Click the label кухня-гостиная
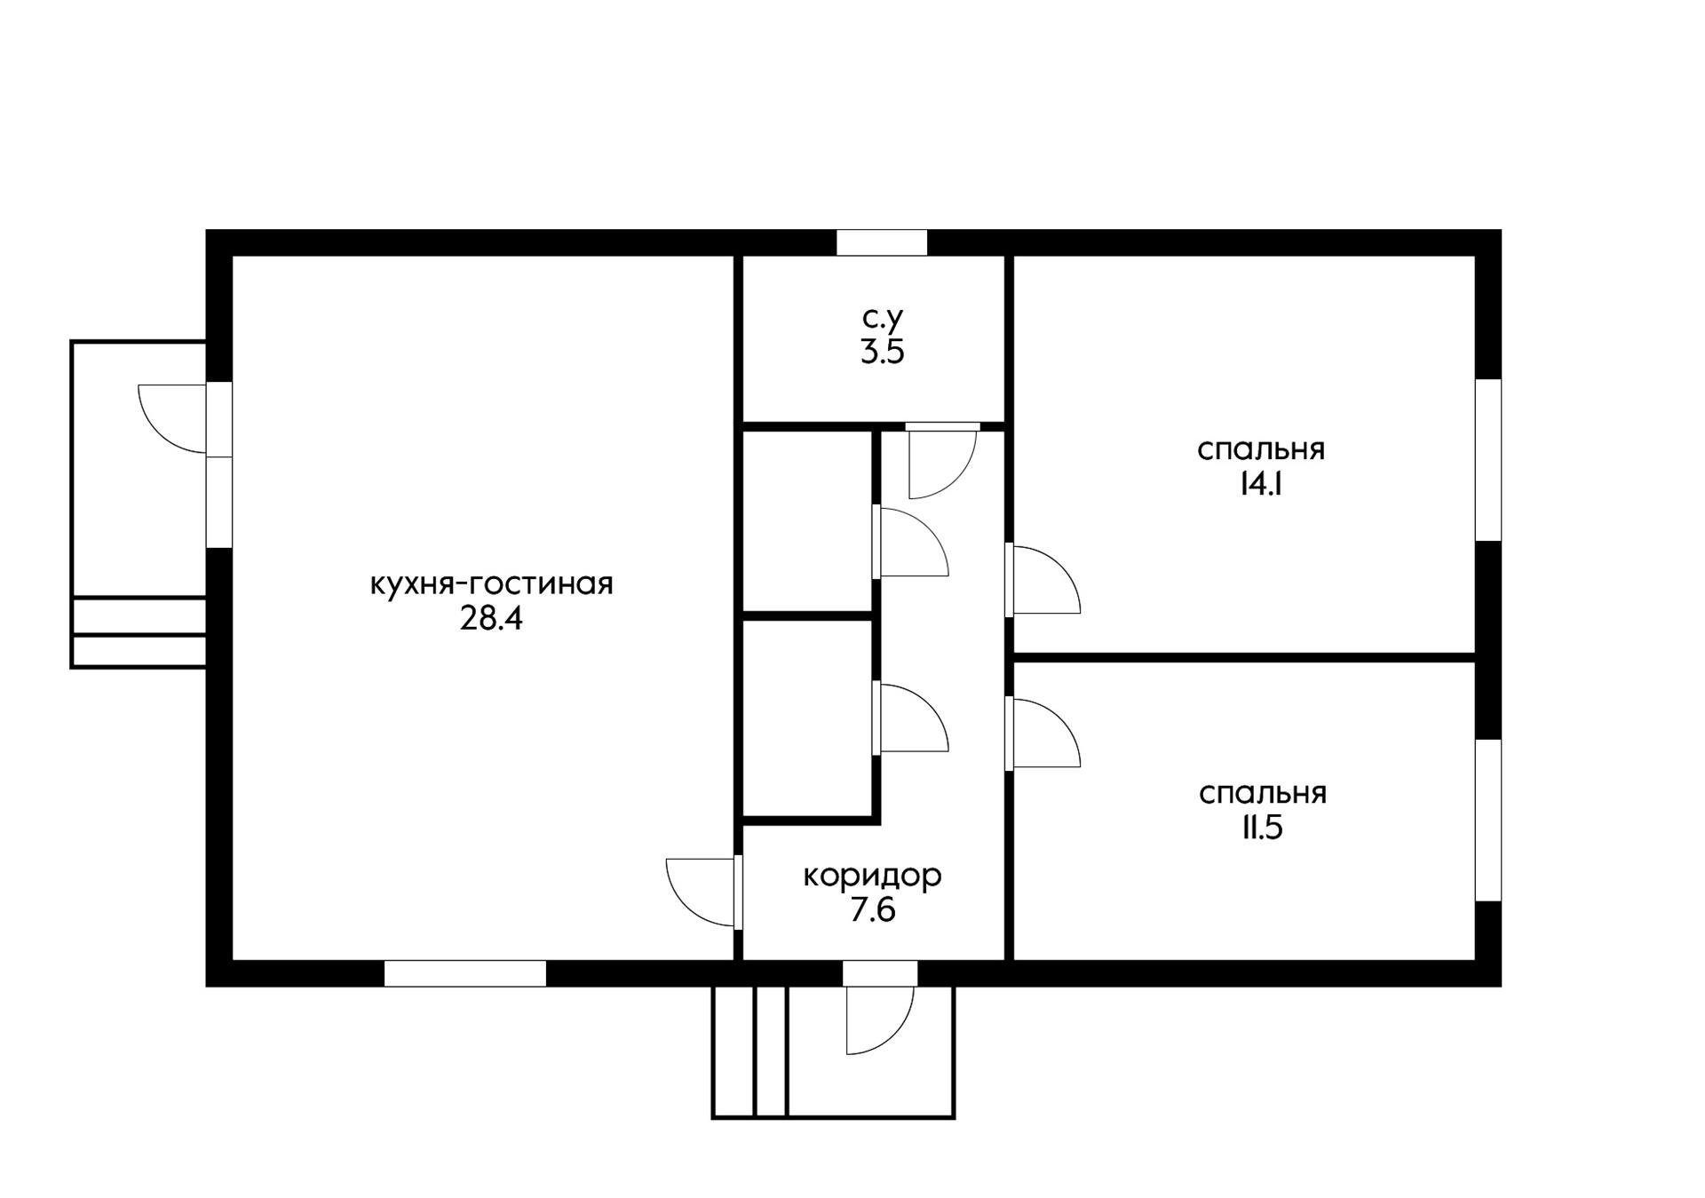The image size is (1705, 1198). (x=491, y=584)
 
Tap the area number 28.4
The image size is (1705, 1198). (x=491, y=618)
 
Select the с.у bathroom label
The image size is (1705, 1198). (x=882, y=317)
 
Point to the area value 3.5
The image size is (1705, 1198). (x=882, y=353)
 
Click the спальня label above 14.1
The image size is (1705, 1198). (x=1260, y=449)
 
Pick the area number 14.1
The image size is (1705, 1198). (x=1260, y=484)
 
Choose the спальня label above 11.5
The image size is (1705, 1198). (x=1262, y=793)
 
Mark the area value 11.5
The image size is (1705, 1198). (x=1262, y=828)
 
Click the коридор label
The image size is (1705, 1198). (x=872, y=876)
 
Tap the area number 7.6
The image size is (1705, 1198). (x=872, y=910)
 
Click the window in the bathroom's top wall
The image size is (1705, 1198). (x=882, y=242)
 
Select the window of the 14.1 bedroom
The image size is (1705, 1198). (x=1488, y=459)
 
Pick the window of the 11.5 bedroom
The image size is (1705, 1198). (x=1488, y=820)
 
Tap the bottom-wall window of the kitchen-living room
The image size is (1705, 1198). (x=464, y=973)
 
